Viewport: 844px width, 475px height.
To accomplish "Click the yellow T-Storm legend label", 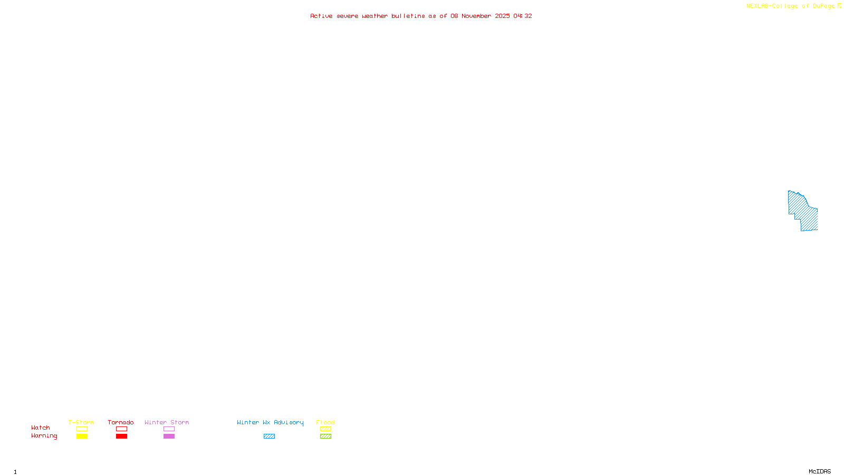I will [x=81, y=422].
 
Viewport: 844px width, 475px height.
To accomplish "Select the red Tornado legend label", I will [x=121, y=422].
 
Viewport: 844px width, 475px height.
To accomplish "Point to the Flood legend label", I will [x=325, y=422].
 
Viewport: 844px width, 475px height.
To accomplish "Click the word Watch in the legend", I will [x=41, y=427].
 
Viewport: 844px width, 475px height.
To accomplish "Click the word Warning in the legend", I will [x=44, y=436].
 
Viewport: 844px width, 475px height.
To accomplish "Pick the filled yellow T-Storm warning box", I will [x=82, y=436].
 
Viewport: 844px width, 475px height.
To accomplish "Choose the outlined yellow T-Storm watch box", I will [x=82, y=429].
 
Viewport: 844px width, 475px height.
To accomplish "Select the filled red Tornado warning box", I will [x=121, y=436].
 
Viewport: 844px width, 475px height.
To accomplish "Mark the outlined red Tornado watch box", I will [x=121, y=429].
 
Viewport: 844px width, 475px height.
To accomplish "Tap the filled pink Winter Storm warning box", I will [x=169, y=436].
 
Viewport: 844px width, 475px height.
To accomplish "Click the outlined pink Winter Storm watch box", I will [x=169, y=429].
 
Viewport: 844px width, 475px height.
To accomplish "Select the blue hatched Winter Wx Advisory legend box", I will [x=269, y=436].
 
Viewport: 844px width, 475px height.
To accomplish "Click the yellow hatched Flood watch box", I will [x=325, y=429].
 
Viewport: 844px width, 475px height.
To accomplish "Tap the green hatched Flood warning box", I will [x=325, y=436].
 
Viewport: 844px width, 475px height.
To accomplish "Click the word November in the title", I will [x=476, y=16].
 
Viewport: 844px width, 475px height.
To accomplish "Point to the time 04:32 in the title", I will [x=523, y=16].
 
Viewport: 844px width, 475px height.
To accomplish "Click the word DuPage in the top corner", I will [x=823, y=6].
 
